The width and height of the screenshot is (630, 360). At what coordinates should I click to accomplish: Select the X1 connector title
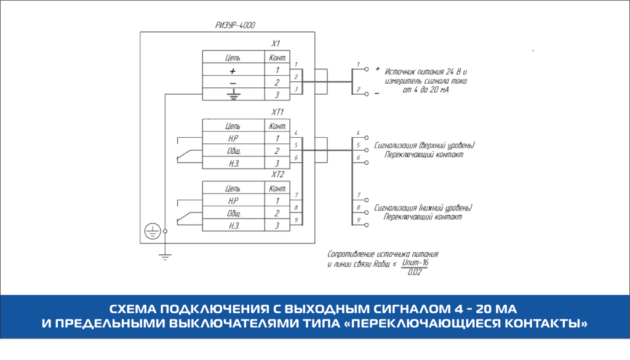click(x=276, y=44)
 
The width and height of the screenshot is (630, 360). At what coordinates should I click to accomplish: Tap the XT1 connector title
click(x=277, y=113)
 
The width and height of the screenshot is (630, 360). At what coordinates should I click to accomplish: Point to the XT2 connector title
click(x=277, y=175)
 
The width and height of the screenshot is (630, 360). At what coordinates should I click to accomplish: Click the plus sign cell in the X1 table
click(x=233, y=71)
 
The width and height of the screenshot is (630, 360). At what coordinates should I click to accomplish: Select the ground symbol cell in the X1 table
click(x=233, y=94)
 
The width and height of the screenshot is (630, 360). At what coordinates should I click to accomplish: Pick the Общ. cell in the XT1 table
click(x=233, y=151)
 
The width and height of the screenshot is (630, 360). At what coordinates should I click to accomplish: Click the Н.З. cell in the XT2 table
click(x=233, y=226)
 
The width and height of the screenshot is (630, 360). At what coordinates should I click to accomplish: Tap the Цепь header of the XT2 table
click(x=233, y=188)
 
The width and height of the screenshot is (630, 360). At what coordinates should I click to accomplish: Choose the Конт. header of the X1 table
click(x=276, y=58)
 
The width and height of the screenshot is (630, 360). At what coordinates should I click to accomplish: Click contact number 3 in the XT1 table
click(x=277, y=163)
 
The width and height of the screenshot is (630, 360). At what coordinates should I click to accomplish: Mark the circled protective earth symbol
click(x=151, y=231)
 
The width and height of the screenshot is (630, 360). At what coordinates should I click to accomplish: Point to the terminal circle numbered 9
click(x=367, y=226)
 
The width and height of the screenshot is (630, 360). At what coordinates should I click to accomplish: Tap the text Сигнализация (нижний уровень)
click(x=423, y=207)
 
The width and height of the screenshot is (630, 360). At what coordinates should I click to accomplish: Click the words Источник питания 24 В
click(x=423, y=71)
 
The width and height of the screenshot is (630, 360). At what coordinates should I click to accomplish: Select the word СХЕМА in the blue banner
click(x=132, y=308)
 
